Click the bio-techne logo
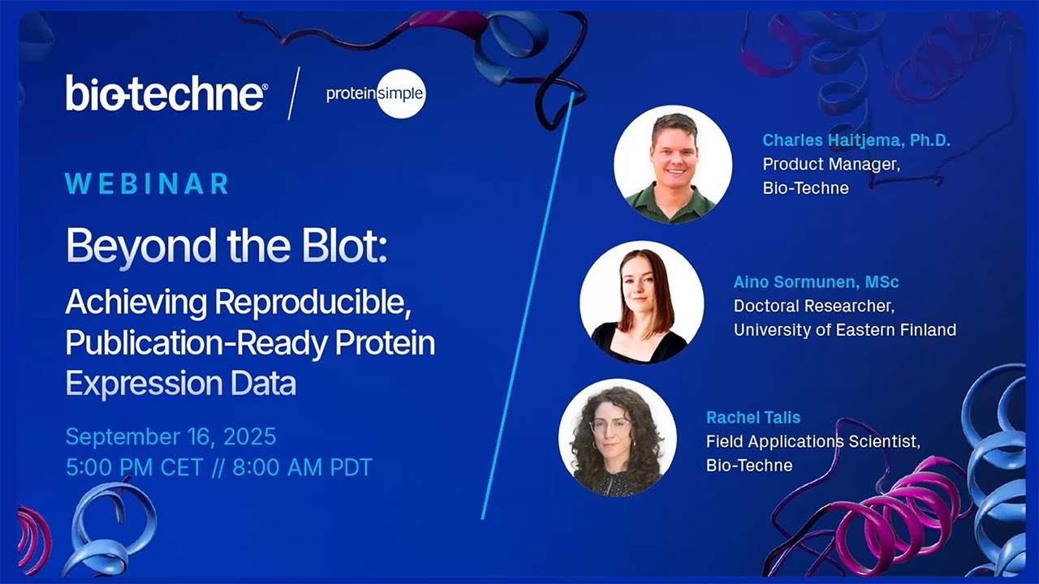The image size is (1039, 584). pyautogui.click(x=166, y=93)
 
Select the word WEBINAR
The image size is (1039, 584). pyautogui.click(x=147, y=184)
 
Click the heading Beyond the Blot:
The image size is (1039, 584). pyautogui.click(x=226, y=245)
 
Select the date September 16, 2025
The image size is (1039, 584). pyautogui.click(x=170, y=437)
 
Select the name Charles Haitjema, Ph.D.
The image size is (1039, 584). pyautogui.click(x=856, y=140)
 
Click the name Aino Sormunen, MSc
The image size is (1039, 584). pyautogui.click(x=816, y=282)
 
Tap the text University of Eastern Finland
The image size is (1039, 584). pyautogui.click(x=844, y=329)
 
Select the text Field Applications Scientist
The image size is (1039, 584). pyautogui.click(x=813, y=441)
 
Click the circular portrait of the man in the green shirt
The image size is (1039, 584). pyautogui.click(x=672, y=164)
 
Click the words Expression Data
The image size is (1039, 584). pyautogui.click(x=180, y=384)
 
